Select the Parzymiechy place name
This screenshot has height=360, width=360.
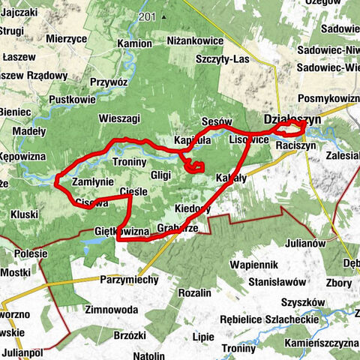(128, 280)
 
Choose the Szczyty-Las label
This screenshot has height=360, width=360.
(222, 58)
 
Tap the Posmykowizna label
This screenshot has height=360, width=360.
(328, 99)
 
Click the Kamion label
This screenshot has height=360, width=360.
(134, 43)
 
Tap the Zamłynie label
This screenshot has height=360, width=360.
(92, 183)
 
